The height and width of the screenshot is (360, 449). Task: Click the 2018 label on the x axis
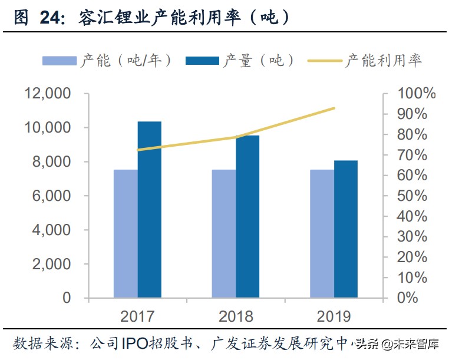click(x=236, y=316)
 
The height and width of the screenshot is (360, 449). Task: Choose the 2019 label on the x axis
click(x=334, y=316)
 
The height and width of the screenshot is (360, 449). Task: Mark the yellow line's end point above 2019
click(x=334, y=108)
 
